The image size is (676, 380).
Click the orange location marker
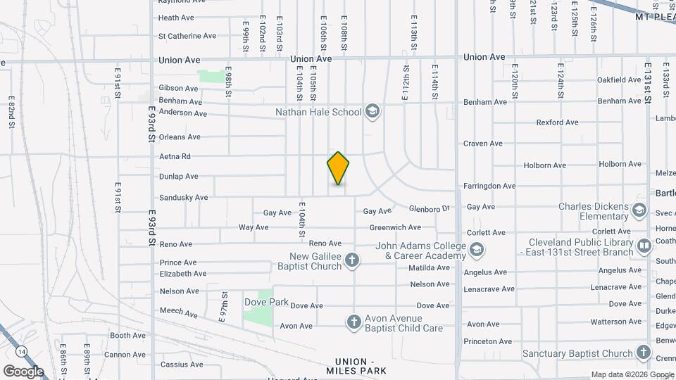coord(339,168)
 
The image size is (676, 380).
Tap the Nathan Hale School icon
coord(373,112)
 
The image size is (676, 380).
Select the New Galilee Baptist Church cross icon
coord(353,261)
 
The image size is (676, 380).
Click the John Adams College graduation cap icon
coord(477,250)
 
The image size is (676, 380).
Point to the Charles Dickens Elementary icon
coord(639,210)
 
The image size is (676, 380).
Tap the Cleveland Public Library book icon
coord(644,246)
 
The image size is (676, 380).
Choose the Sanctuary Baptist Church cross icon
coord(643,353)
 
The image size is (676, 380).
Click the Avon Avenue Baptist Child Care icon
coord(354,322)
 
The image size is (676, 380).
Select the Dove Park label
coord(267,302)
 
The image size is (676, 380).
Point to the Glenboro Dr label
coord(429,208)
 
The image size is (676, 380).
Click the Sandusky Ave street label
coord(183,198)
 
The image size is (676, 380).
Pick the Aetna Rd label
coord(175,156)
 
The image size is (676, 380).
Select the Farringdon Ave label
coord(489,186)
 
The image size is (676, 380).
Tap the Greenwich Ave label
coord(395,227)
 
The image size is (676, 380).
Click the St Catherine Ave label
coord(187,36)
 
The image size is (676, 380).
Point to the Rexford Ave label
coord(557,122)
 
